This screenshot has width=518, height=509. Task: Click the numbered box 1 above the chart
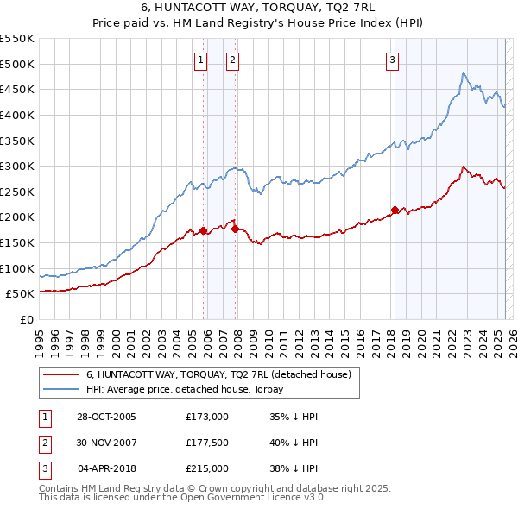coord(200,60)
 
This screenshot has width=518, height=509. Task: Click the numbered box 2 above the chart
coord(233,60)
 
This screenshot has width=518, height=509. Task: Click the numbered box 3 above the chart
coord(392,60)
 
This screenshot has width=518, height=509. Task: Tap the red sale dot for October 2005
coord(204,230)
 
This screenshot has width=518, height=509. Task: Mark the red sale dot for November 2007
coord(235,228)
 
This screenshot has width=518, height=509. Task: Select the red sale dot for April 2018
coord(395,210)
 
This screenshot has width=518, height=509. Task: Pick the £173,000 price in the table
coord(206,417)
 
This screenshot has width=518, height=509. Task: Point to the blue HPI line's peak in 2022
coord(464,73)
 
